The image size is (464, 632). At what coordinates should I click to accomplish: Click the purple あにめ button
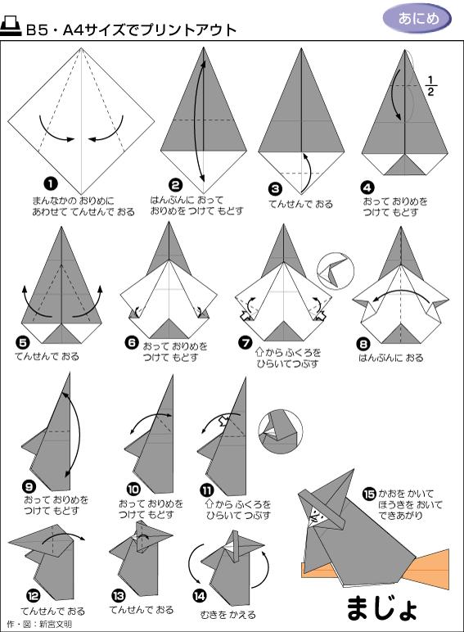point(417,19)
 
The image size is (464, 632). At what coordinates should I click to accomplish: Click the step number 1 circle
point(51,184)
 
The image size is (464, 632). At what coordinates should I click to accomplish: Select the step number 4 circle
point(367,187)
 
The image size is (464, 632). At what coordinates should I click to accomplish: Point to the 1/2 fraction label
point(431,86)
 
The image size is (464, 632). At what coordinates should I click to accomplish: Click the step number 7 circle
point(246,342)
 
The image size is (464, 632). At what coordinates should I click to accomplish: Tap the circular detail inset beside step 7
point(336,271)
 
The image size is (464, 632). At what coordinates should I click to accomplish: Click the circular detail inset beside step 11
point(281,431)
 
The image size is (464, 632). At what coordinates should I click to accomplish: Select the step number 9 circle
point(29,487)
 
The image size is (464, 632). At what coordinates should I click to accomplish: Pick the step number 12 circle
point(33,595)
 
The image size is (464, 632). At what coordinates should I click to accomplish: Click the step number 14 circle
point(200,596)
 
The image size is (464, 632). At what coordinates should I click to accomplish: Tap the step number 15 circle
point(369,494)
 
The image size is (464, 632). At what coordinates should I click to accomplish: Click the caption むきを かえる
point(228,615)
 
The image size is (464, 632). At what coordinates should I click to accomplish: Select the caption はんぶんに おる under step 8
point(391,358)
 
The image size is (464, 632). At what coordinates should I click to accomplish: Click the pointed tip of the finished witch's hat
point(354,470)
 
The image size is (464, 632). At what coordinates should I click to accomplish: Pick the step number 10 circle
point(133,489)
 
